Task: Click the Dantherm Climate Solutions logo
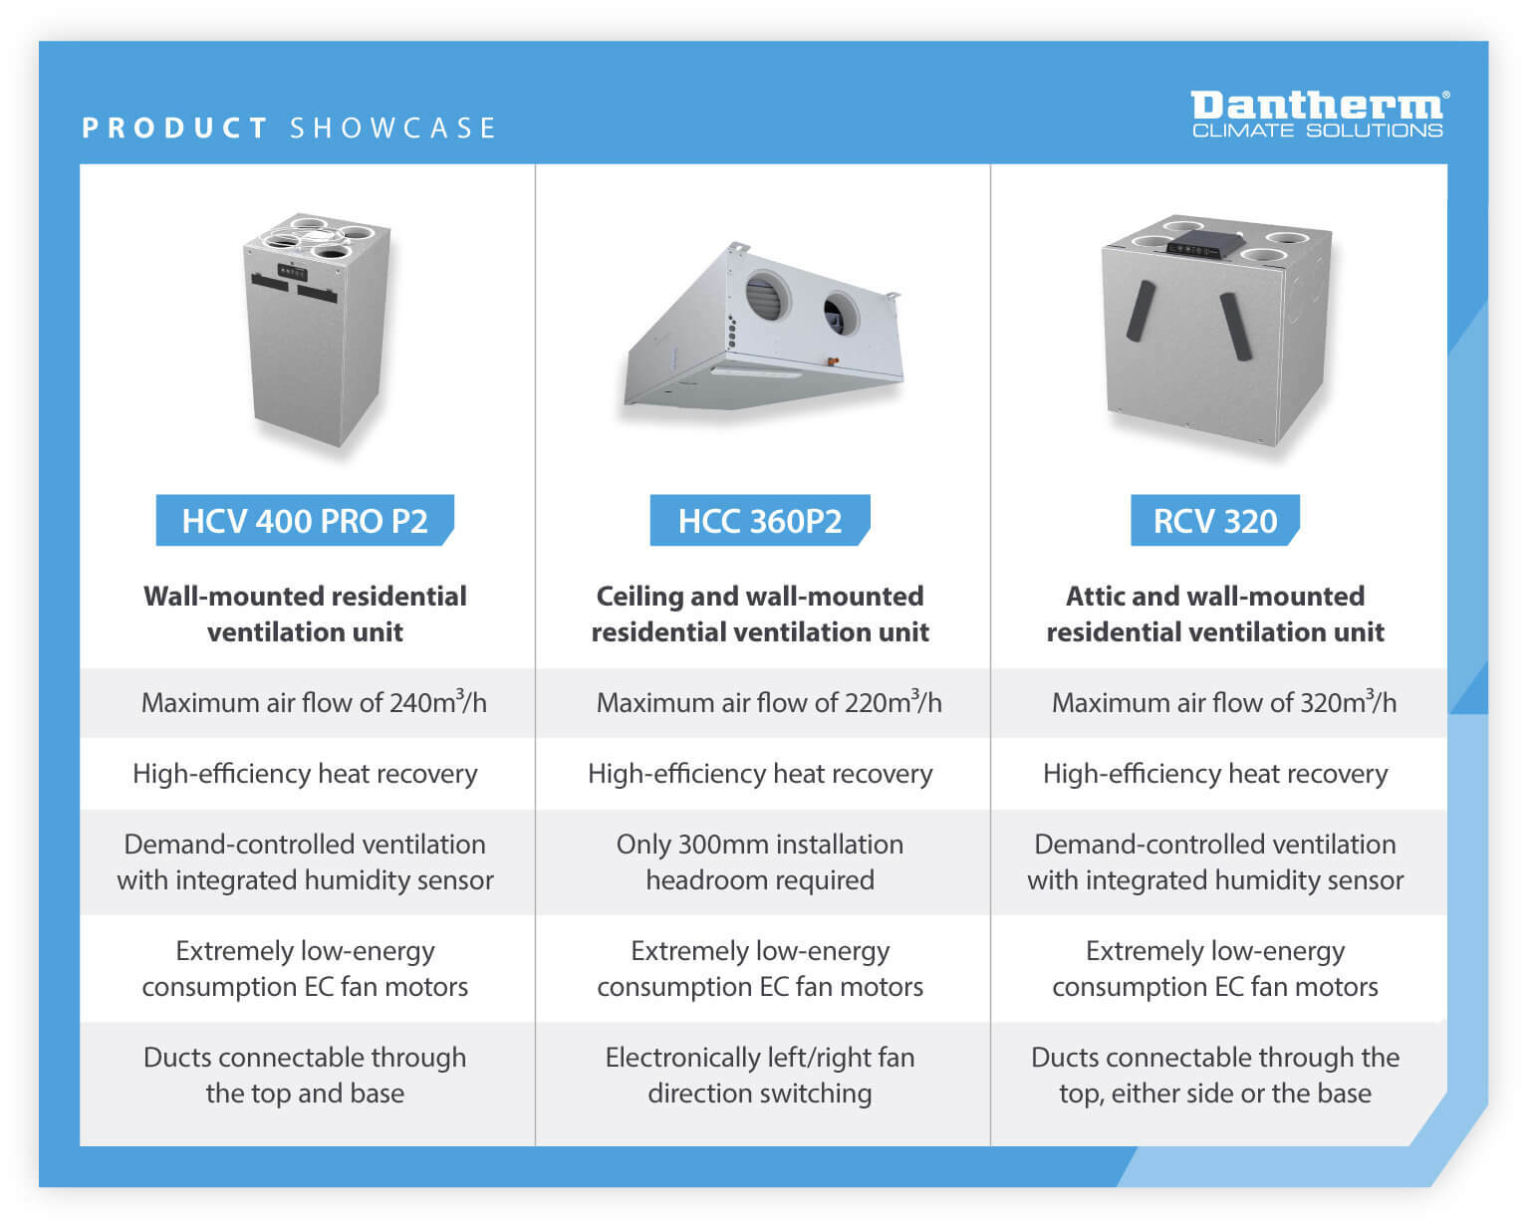tap(1318, 114)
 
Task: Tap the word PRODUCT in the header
tap(175, 128)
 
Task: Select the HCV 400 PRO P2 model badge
tap(305, 521)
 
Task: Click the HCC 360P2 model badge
tap(760, 521)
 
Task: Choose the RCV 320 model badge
tap(1214, 521)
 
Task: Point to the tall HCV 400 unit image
tap(317, 329)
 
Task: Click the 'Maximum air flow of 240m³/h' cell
tap(314, 703)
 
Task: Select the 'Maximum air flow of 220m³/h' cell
tap(768, 703)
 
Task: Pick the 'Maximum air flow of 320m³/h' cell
tap(1223, 703)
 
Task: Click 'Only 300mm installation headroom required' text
tap(760, 862)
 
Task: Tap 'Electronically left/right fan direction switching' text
tap(760, 1076)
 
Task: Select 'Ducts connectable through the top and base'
tap(305, 1076)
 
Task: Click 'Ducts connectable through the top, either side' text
tap(1214, 1076)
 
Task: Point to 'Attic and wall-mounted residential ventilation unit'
tap(1214, 614)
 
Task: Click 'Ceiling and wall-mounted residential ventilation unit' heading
tap(760, 614)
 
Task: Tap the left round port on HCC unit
tap(767, 296)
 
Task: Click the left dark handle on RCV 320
tap(1141, 310)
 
